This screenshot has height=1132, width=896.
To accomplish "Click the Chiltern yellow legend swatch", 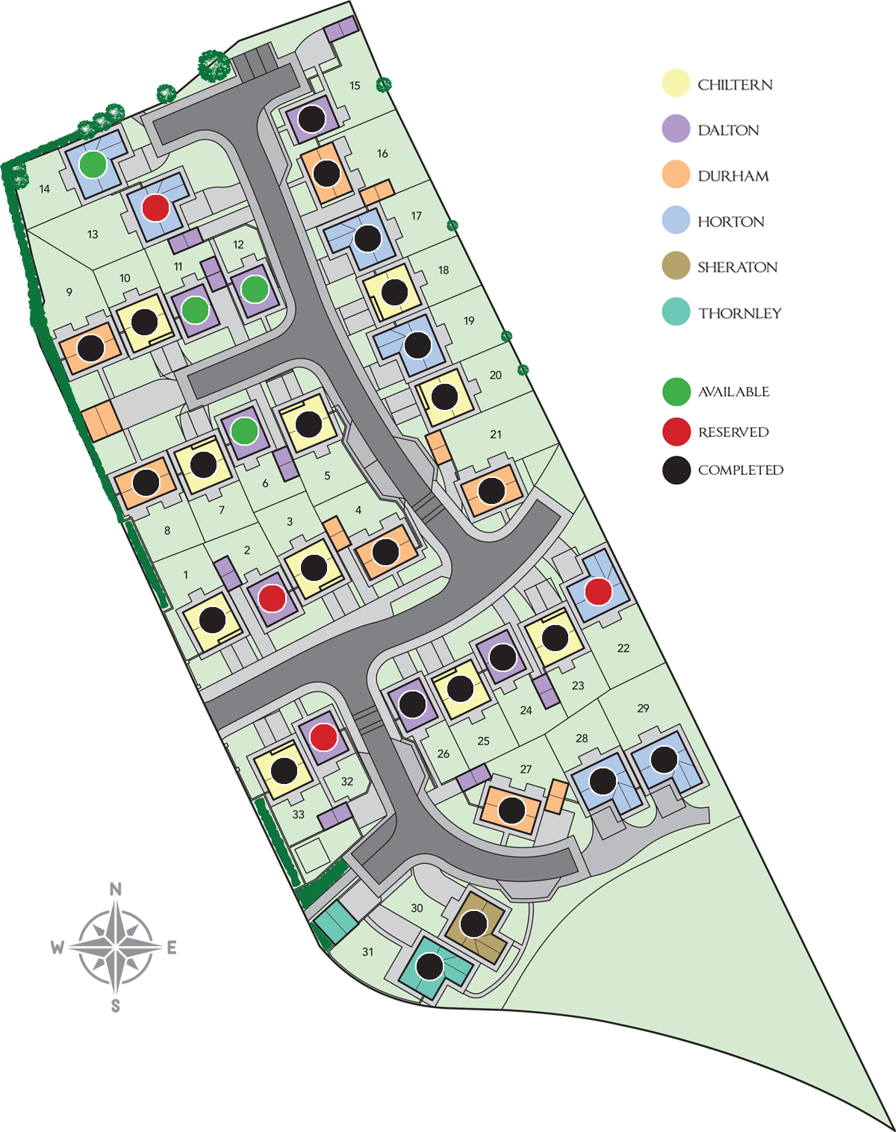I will tap(676, 84).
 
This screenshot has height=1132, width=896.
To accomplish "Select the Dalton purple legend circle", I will tap(676, 129).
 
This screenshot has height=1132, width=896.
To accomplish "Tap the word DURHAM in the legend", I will tap(732, 176).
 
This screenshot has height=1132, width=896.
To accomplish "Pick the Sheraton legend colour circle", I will tap(676, 267).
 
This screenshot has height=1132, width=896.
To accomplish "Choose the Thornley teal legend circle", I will tap(676, 312).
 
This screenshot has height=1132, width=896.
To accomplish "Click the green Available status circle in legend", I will tap(676, 391).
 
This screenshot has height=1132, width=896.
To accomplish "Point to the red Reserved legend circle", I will tap(676, 432).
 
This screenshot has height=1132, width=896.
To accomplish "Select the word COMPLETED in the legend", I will tap(740, 470).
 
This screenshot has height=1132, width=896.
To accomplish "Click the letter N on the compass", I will tap(116, 889).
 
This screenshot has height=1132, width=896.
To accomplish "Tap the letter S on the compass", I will tap(116, 1006).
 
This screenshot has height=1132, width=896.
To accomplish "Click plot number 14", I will tap(45, 189).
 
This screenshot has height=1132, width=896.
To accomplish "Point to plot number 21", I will tap(496, 434).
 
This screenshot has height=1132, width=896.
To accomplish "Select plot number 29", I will tap(644, 708).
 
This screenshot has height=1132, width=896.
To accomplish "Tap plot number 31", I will tap(367, 952).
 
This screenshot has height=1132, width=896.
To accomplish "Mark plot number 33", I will tap(299, 815).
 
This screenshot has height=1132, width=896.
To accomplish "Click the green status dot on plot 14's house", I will tap(93, 164).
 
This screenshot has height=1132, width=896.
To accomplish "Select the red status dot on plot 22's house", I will tap(598, 591).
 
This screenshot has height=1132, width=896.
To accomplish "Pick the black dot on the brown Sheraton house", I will tap(473, 924).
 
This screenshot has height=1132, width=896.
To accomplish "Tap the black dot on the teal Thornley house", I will tap(429, 966).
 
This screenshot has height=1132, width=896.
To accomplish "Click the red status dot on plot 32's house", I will tap(323, 737).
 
